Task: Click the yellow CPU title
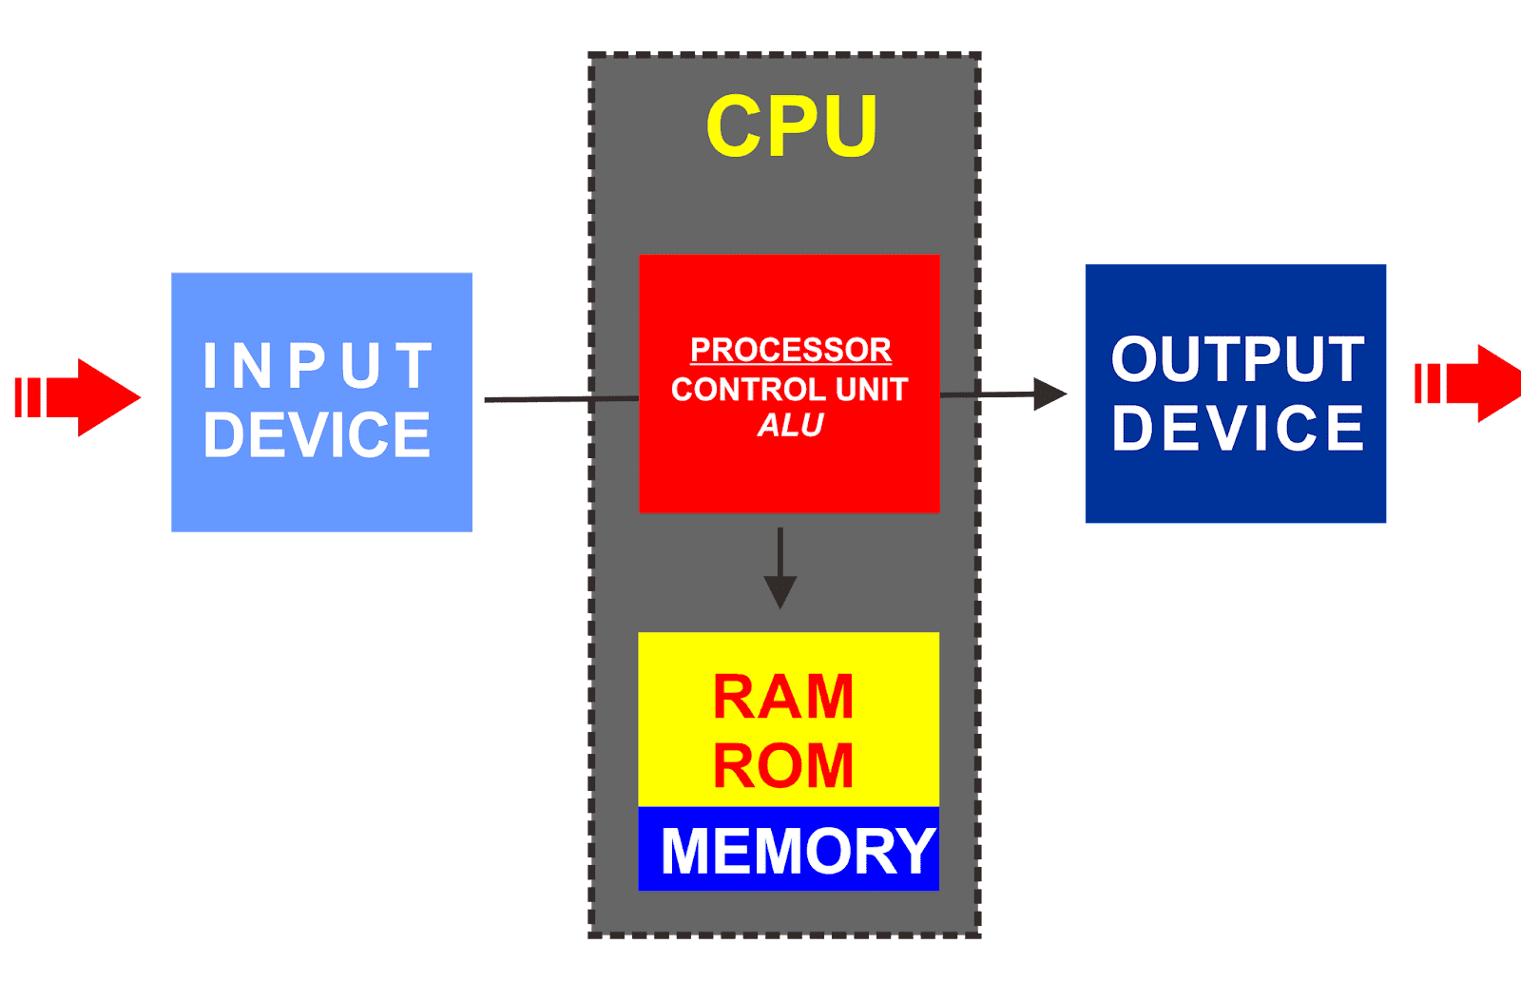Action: pos(791,125)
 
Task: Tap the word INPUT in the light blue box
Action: pos(318,366)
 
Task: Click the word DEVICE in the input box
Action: pos(317,434)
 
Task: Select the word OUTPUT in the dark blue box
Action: pos(1238,359)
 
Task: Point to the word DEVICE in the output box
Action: pos(1238,428)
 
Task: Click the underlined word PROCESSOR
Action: pos(790,350)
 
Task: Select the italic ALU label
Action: pos(790,426)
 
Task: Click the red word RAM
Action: pos(783,697)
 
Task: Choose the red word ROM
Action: pos(783,766)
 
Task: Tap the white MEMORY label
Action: pos(798,851)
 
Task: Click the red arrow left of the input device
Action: pos(81,397)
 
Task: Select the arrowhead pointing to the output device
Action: pos(1049,394)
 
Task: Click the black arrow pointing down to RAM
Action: pos(780,570)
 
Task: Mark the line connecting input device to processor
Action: pos(561,399)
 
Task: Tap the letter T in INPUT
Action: pos(414,366)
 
